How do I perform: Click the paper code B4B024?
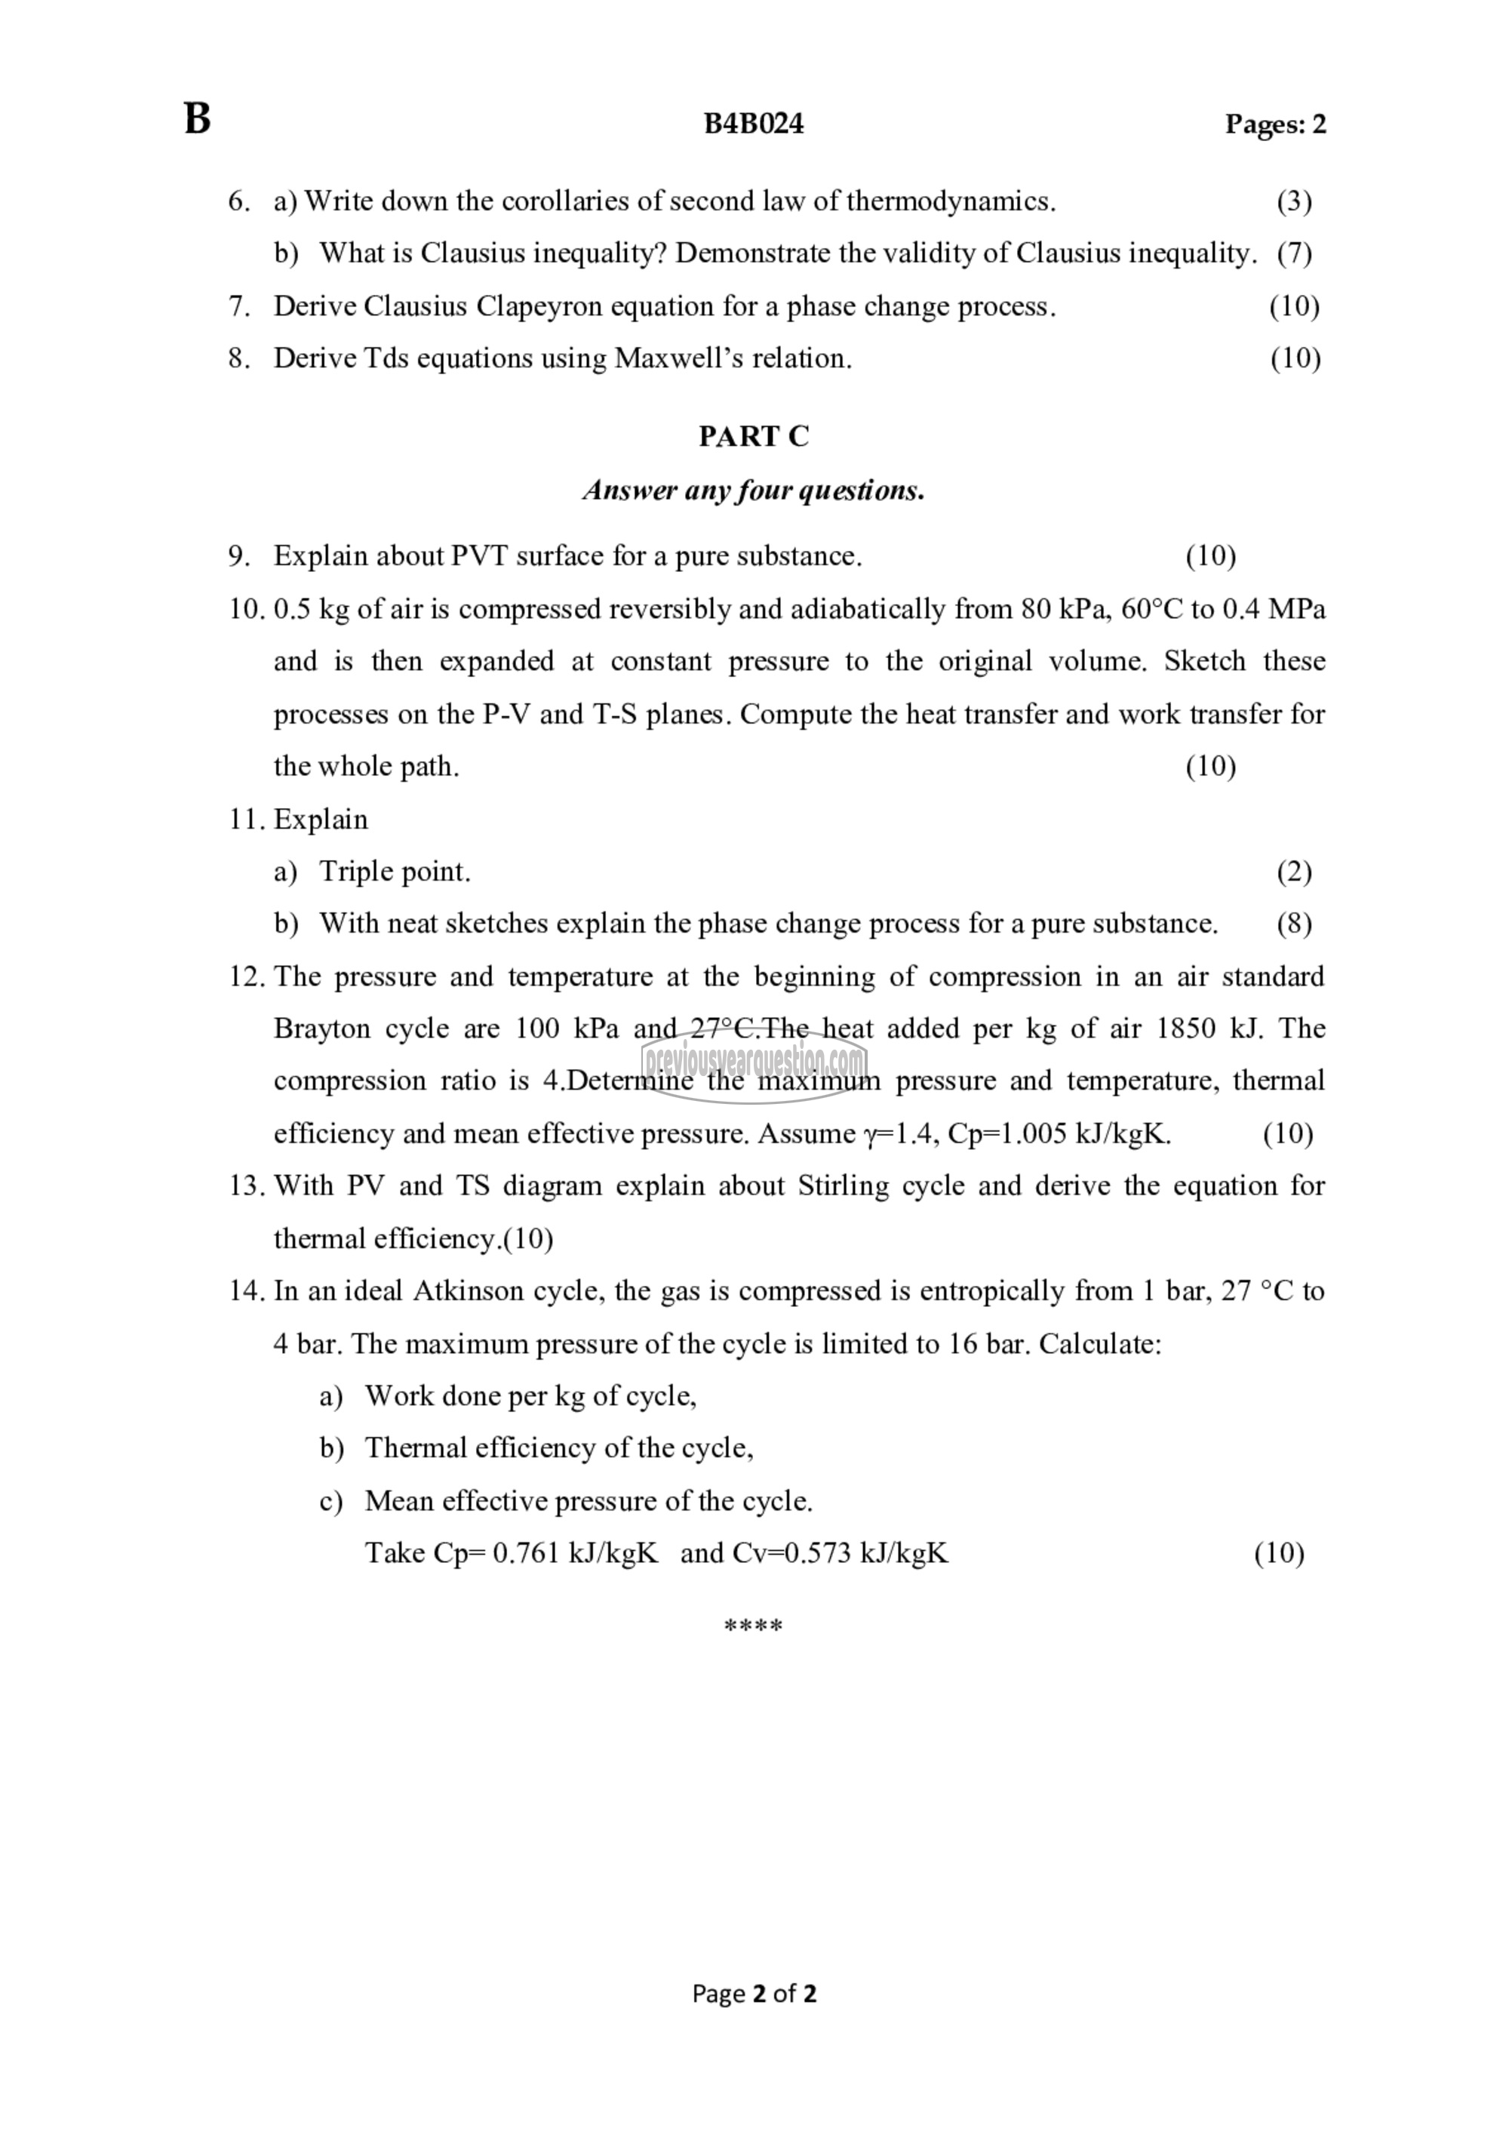pyautogui.click(x=753, y=125)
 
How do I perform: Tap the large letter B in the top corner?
pyautogui.click(x=197, y=120)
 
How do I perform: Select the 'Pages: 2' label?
pyautogui.click(x=1275, y=125)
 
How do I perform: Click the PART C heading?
pyautogui.click(x=754, y=436)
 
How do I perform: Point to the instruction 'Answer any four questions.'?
pyautogui.click(x=754, y=490)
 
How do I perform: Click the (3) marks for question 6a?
pyautogui.click(x=1293, y=201)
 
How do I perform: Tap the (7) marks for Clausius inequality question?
pyautogui.click(x=1293, y=253)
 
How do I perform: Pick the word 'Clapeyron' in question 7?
pyautogui.click(x=534, y=306)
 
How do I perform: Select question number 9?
pyautogui.click(x=239, y=556)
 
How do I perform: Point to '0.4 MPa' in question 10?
pyautogui.click(x=1273, y=609)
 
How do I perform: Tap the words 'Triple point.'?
pyautogui.click(x=395, y=871)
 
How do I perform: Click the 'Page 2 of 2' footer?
pyautogui.click(x=754, y=1994)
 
